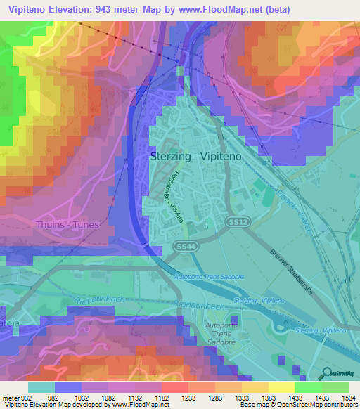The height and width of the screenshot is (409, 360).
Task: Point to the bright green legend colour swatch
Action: (x=309, y=387)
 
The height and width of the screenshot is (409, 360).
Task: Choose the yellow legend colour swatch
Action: (x=282, y=387)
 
